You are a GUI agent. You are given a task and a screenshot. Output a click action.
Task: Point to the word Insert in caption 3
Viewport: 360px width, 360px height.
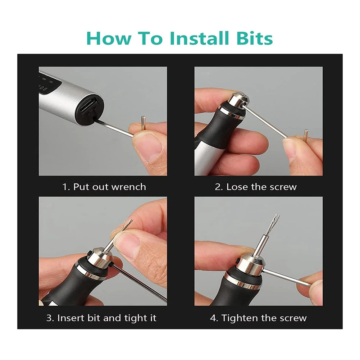pos(71,318)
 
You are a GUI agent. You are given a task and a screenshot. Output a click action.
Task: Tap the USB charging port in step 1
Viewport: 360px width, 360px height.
pos(88,106)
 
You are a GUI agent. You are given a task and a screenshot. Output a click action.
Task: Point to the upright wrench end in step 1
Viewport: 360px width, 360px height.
pos(143,123)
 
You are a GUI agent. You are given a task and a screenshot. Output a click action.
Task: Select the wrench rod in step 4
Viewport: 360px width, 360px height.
pos(287,278)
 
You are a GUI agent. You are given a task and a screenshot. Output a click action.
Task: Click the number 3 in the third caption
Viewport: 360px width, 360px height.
pos(49,318)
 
